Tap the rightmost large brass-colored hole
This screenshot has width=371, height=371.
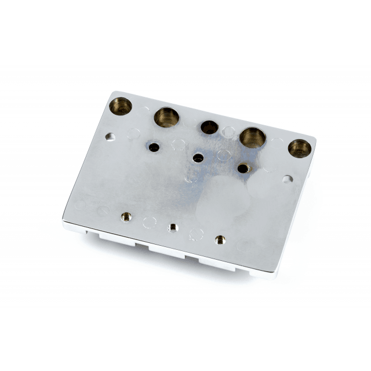(300, 148)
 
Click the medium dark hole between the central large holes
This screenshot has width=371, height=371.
(209, 127)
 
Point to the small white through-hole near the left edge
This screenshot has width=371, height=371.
(110, 137)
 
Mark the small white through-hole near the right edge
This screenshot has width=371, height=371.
(288, 179)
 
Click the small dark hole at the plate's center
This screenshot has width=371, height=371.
(198, 157)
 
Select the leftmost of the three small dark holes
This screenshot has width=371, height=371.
(154, 147)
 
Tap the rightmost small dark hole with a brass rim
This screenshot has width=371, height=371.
(243, 168)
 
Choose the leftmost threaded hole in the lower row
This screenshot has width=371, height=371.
(126, 217)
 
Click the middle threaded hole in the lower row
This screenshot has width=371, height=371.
(173, 227)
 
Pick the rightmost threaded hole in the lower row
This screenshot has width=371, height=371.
(219, 239)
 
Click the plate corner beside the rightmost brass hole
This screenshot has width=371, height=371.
(315, 139)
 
